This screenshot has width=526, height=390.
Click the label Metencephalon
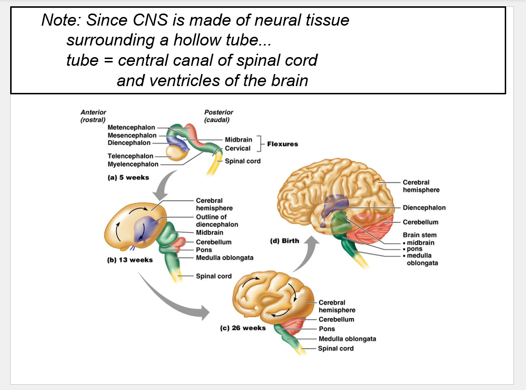pyautogui.click(x=131, y=127)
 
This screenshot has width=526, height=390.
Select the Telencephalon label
pyautogui.click(x=130, y=156)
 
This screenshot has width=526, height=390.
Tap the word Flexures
pyautogui.click(x=282, y=144)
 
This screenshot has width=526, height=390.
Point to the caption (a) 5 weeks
pyautogui.click(x=128, y=178)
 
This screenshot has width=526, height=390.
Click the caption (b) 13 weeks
pyautogui.click(x=130, y=260)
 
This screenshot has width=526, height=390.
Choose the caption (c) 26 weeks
pyautogui.click(x=243, y=328)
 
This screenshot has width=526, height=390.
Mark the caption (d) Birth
pyautogui.click(x=284, y=240)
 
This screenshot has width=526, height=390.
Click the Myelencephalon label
pyautogui.click(x=133, y=164)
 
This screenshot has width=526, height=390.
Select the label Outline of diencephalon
pyautogui.click(x=217, y=221)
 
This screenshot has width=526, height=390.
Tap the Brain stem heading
pyautogui.click(x=420, y=235)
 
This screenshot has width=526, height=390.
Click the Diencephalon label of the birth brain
pyautogui.click(x=424, y=208)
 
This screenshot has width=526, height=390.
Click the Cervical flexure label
pyautogui.click(x=238, y=149)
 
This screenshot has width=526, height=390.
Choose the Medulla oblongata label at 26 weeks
pyautogui.click(x=347, y=339)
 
